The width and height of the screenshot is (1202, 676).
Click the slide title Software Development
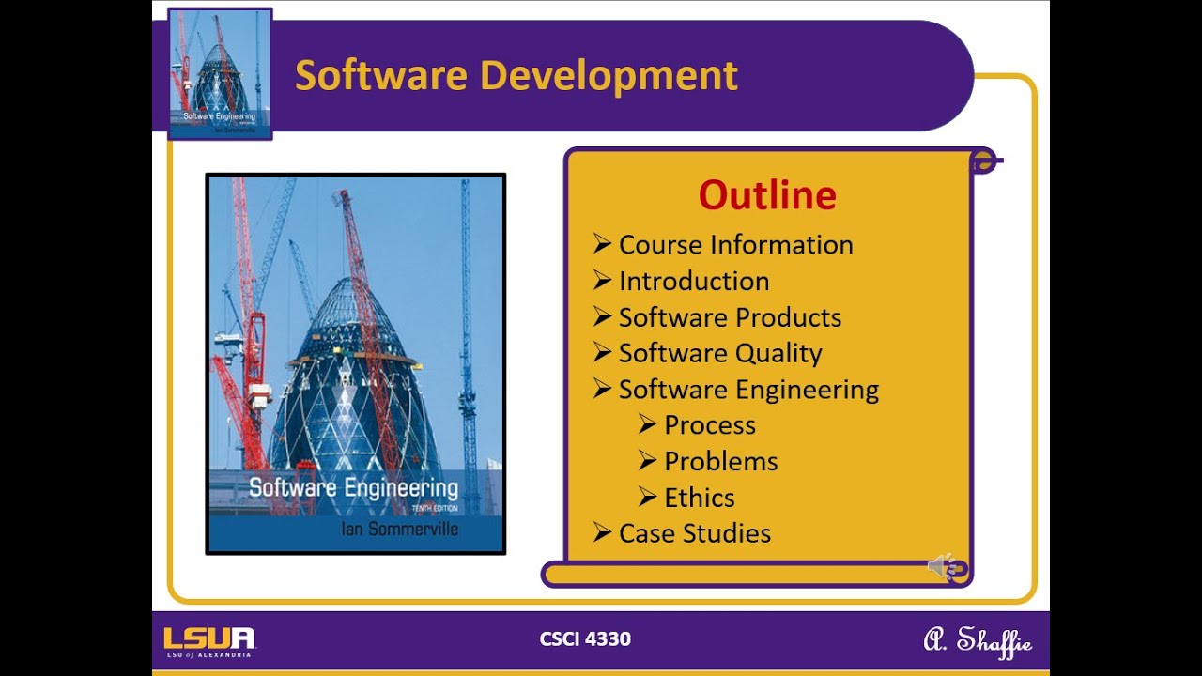[516, 75]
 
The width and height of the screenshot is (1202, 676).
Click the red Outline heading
[767, 195]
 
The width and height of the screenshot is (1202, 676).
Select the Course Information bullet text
[735, 245]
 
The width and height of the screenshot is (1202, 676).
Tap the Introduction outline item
[693, 281]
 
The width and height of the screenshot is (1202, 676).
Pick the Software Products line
[730, 317]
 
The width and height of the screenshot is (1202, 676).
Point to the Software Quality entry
[719, 353]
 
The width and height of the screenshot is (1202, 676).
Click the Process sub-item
[709, 425]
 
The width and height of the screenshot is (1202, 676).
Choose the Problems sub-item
[720, 461]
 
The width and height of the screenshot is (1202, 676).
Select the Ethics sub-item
[699, 498]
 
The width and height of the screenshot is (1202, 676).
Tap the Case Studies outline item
[694, 533]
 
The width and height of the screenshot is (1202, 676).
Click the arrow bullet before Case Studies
[602, 532]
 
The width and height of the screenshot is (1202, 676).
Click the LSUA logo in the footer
[209, 641]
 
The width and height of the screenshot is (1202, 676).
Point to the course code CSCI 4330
[585, 639]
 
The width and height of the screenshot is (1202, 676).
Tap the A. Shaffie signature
[978, 641]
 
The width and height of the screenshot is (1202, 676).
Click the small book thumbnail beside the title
[220, 74]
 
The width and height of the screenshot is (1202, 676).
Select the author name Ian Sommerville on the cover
[399, 530]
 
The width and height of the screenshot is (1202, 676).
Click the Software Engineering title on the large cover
[353, 488]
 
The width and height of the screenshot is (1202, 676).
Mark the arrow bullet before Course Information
[602, 244]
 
